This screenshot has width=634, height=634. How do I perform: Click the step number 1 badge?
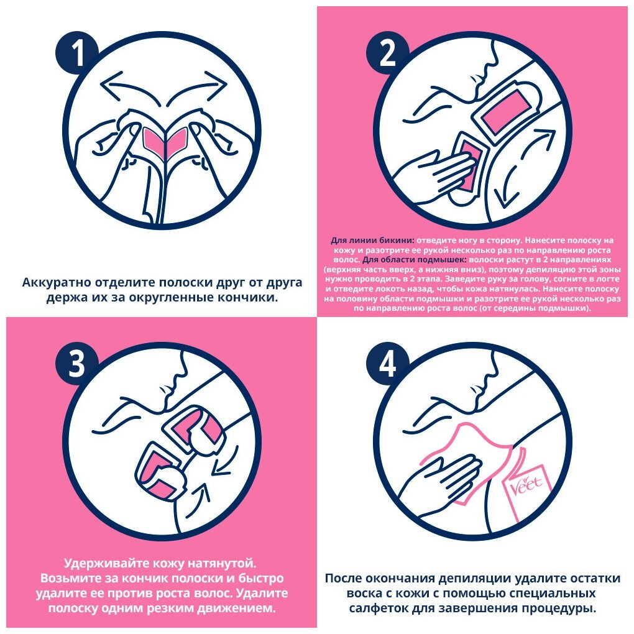[x=77, y=53]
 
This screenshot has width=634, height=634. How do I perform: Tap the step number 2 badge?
[x=387, y=53]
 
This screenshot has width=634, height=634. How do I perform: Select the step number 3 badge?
[x=77, y=364]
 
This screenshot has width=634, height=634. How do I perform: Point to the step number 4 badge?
[x=387, y=364]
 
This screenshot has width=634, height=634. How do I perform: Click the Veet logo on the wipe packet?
[x=526, y=484]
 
